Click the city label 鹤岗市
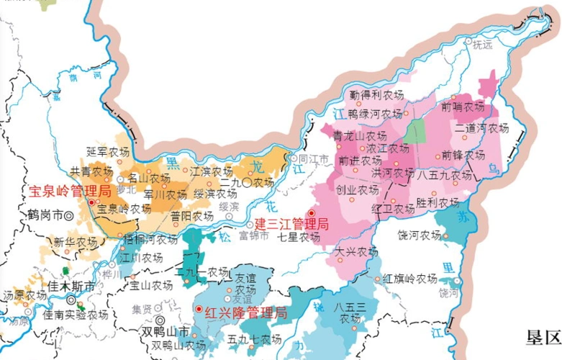click(x=45, y=215)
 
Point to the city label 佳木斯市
click(x=70, y=287)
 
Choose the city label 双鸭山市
click(x=166, y=332)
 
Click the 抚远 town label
click(x=482, y=45)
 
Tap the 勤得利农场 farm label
click(x=376, y=94)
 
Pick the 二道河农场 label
click(x=481, y=128)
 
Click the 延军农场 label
click(x=107, y=151)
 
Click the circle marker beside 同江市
click(x=293, y=158)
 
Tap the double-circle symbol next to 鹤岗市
click(x=69, y=215)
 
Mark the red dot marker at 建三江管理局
click(x=311, y=214)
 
